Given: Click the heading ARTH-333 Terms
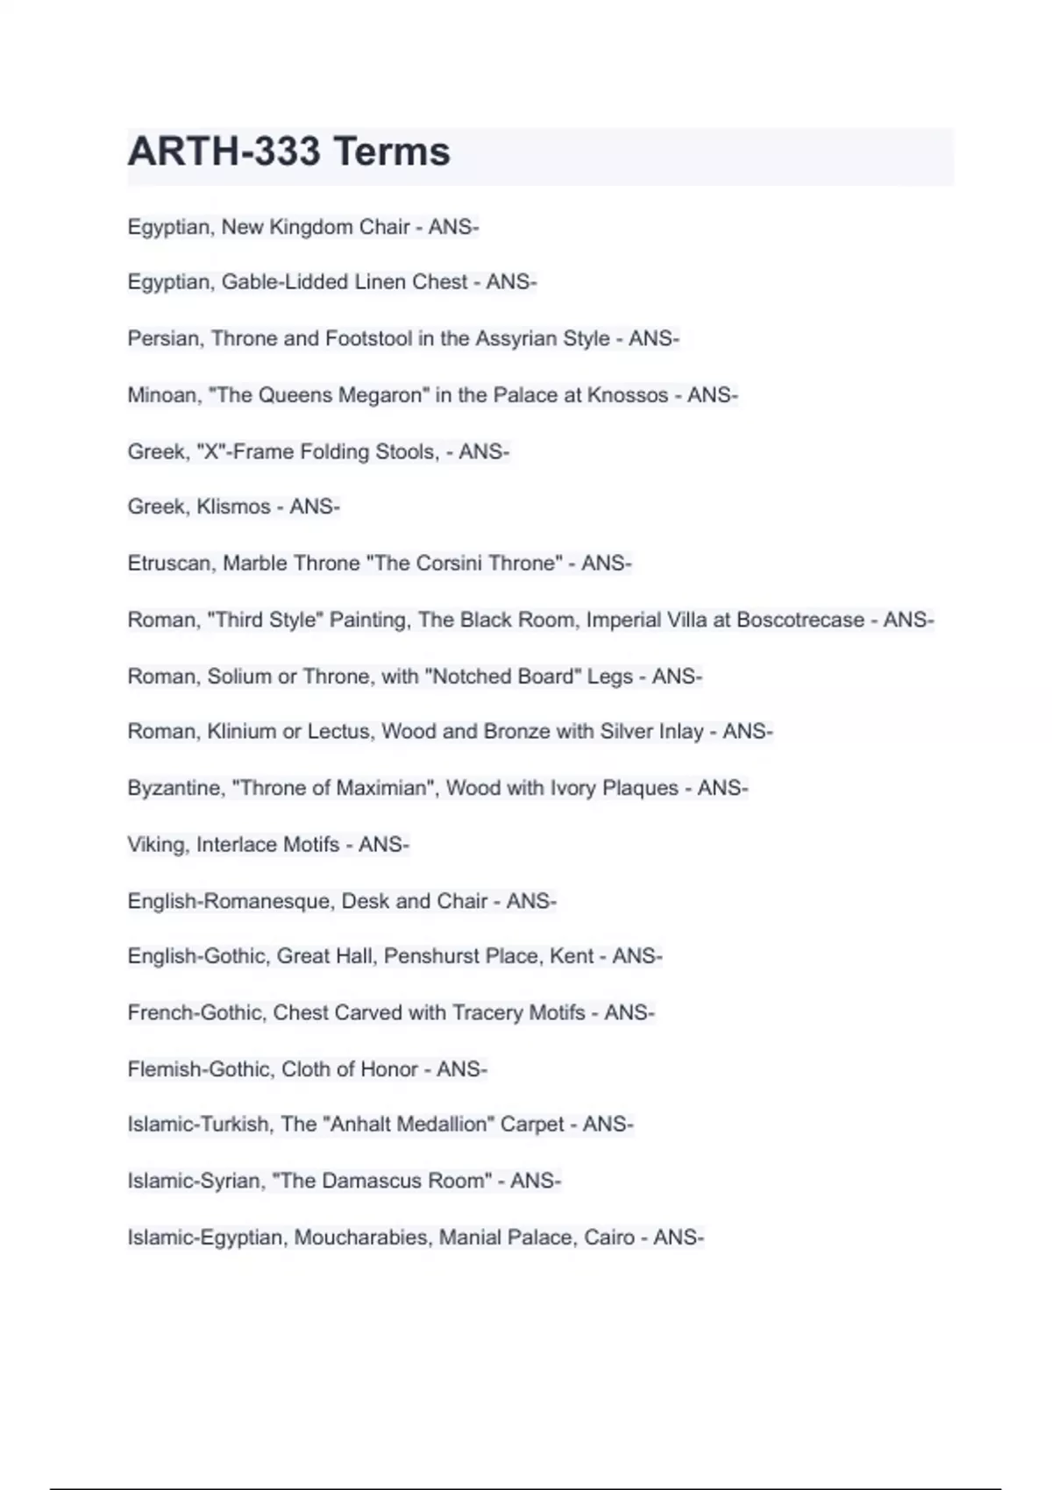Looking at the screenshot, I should point(288,152).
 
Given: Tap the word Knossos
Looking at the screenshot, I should point(627,395).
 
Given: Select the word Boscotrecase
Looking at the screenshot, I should point(800,621).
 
